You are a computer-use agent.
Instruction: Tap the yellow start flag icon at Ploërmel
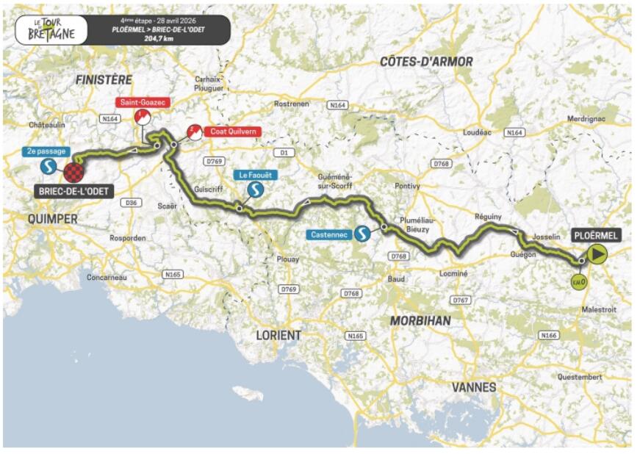tap(597, 254)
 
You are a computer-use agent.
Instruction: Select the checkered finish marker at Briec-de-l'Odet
tap(73, 173)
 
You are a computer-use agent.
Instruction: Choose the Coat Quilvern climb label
tap(231, 132)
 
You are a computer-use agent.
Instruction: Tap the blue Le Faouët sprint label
tap(254, 175)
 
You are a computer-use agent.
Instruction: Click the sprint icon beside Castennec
tap(362, 234)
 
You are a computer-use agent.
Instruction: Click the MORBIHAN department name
tap(420, 321)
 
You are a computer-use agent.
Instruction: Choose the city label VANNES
tap(474, 386)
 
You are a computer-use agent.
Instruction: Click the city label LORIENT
tap(278, 335)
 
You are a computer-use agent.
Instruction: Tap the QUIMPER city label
tap(51, 218)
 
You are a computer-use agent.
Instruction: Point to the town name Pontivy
tap(407, 186)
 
